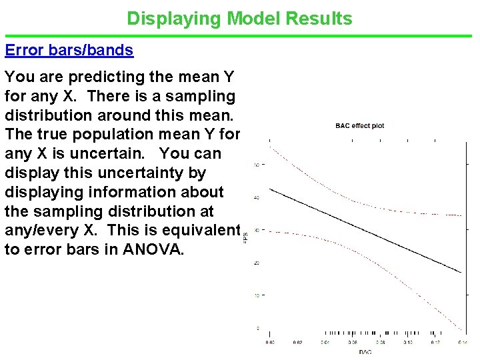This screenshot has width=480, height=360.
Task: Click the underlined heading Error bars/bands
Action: coord(69,50)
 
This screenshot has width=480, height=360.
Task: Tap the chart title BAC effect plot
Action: coord(359,126)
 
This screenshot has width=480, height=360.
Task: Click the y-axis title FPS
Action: coord(246,236)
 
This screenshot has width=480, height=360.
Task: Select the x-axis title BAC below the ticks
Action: coord(365,351)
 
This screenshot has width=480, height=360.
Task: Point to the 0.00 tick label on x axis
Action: coord(269,342)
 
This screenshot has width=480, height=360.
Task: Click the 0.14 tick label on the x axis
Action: coord(462,342)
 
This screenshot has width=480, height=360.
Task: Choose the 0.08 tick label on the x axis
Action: coord(379,342)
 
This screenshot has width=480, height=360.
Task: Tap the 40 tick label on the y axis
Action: coord(257,197)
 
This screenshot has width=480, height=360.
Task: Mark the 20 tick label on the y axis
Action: coord(257,263)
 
